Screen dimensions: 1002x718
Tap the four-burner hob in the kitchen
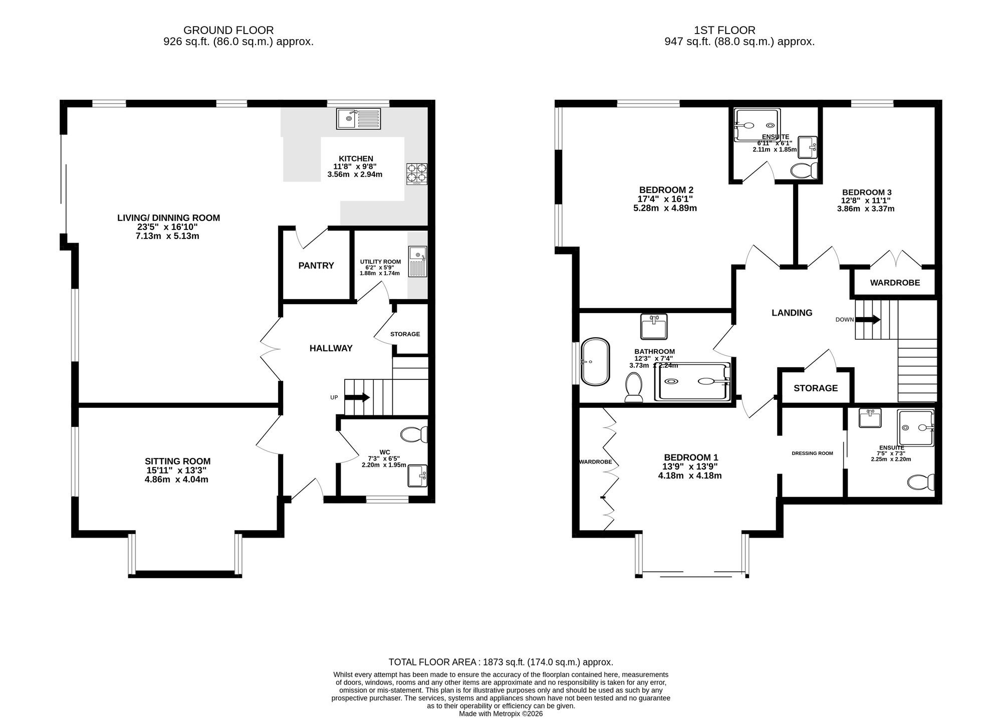[x=417, y=173]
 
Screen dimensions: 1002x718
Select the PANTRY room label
[x=316, y=266]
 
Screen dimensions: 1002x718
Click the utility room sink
[x=417, y=261]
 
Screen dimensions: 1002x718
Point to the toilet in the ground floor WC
[x=414, y=435]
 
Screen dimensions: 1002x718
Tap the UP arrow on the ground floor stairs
[x=357, y=397]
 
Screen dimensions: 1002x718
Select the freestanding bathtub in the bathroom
[x=595, y=362]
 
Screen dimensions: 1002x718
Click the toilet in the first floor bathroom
[x=634, y=389]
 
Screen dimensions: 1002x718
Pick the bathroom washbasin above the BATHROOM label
[x=654, y=326]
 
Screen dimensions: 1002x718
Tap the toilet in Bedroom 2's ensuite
[x=804, y=170]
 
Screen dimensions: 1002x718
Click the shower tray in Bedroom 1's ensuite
[x=916, y=428]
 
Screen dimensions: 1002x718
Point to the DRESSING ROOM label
[x=812, y=453]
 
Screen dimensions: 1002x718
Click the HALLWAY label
[x=331, y=348]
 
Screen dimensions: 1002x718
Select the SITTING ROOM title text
[x=178, y=461]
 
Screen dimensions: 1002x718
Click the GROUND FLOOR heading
[x=228, y=30]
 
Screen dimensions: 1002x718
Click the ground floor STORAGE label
[x=405, y=334]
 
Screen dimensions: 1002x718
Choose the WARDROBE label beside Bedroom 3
[x=895, y=283]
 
